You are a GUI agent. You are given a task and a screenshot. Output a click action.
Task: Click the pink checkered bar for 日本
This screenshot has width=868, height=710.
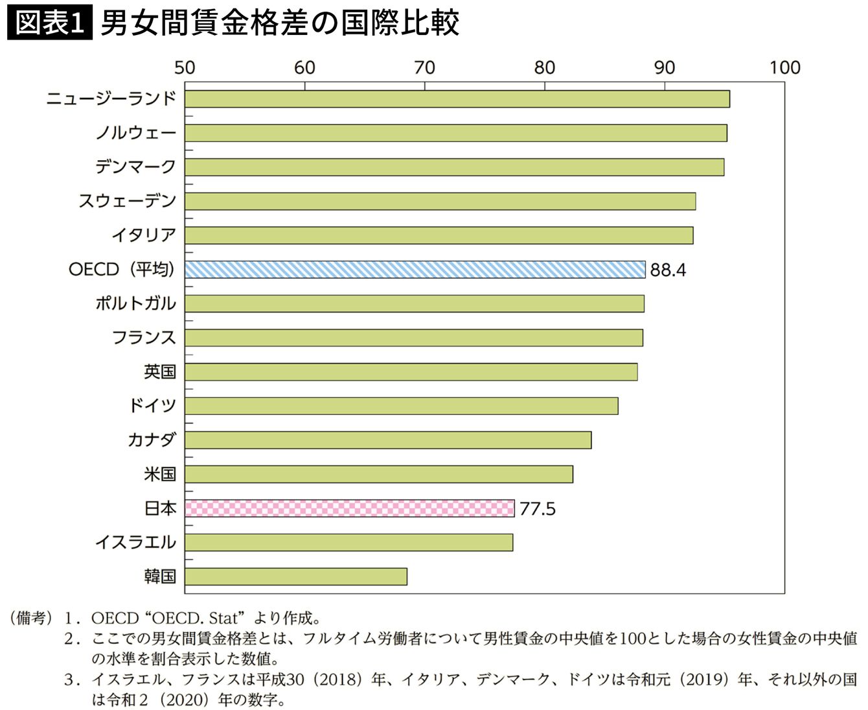pos(349,508)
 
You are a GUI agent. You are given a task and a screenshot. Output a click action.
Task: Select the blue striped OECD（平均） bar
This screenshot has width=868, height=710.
pos(415,270)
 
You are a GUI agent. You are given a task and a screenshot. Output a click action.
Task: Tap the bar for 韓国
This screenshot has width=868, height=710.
pos(295,576)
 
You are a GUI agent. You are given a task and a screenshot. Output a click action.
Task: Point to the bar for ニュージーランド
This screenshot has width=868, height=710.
pos(457,99)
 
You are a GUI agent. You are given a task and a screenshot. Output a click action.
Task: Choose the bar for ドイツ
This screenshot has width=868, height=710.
pos(401,406)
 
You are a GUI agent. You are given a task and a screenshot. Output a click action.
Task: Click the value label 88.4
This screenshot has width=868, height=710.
pos(668,270)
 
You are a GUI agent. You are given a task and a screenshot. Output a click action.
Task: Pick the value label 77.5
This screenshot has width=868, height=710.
pos(537,509)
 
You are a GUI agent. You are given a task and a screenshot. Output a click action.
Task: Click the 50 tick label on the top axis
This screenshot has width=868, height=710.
pos(185,68)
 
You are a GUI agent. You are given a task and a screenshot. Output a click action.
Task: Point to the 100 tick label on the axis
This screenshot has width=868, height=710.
pos(784,68)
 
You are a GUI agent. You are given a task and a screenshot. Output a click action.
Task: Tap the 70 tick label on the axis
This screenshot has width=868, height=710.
pos(424,68)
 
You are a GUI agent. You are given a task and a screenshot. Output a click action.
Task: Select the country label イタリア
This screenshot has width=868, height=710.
pos(143,235)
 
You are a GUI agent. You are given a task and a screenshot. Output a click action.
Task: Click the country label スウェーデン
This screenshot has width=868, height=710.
pos(127,201)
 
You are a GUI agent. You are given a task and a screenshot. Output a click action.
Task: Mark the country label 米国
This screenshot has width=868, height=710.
pos(159,474)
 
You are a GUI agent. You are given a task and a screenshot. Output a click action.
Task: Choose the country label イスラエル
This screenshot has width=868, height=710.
pos(135,542)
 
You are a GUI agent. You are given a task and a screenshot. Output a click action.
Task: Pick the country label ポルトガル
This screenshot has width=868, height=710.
pos(135,303)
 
